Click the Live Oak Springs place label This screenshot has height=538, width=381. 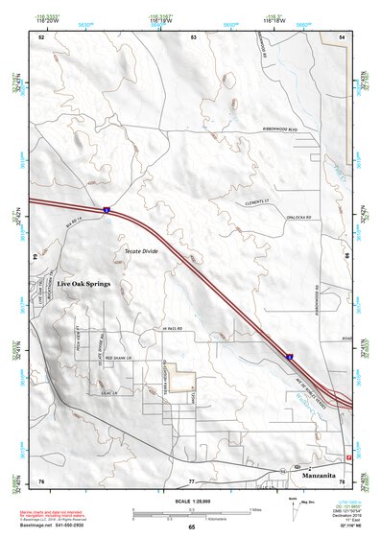[x=83, y=285]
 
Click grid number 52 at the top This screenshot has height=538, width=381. [x=41, y=36]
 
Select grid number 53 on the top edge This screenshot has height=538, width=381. [x=193, y=36]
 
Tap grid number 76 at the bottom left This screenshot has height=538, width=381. [x=41, y=480]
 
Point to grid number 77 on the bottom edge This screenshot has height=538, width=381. [x=191, y=480]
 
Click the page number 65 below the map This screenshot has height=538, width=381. [x=191, y=527]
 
